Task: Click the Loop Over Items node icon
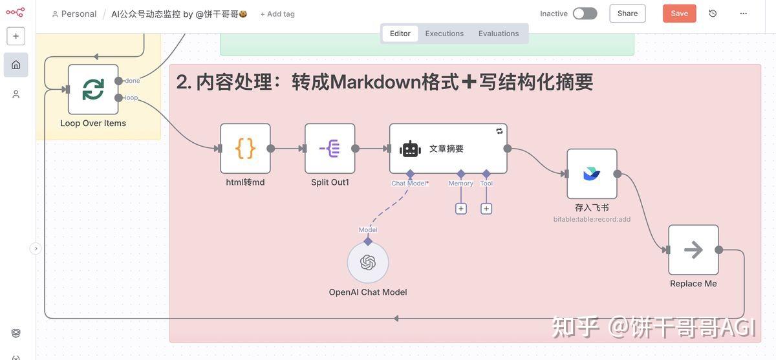93,89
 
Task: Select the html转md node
245,149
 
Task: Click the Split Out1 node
330,149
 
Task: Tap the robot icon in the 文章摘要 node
410,149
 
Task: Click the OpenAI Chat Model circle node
368,262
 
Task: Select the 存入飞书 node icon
592,174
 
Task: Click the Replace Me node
693,249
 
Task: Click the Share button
627,14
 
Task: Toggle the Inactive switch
585,14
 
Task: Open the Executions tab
444,34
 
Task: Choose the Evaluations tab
499,34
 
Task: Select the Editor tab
400,34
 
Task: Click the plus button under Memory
461,209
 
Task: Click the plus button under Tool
486,209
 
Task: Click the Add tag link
277,14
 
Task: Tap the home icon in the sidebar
16,65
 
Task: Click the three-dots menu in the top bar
744,14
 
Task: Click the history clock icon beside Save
713,14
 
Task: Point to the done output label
133,81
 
